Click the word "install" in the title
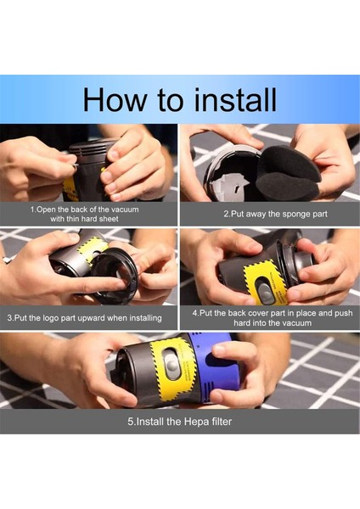(234, 99)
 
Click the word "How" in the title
(115, 99)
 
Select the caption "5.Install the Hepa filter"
(180, 422)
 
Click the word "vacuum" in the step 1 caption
(125, 210)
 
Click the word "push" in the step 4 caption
(343, 313)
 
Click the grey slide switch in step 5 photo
(172, 364)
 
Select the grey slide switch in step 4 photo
(263, 292)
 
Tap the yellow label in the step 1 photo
(70, 189)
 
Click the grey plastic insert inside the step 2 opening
(229, 184)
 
